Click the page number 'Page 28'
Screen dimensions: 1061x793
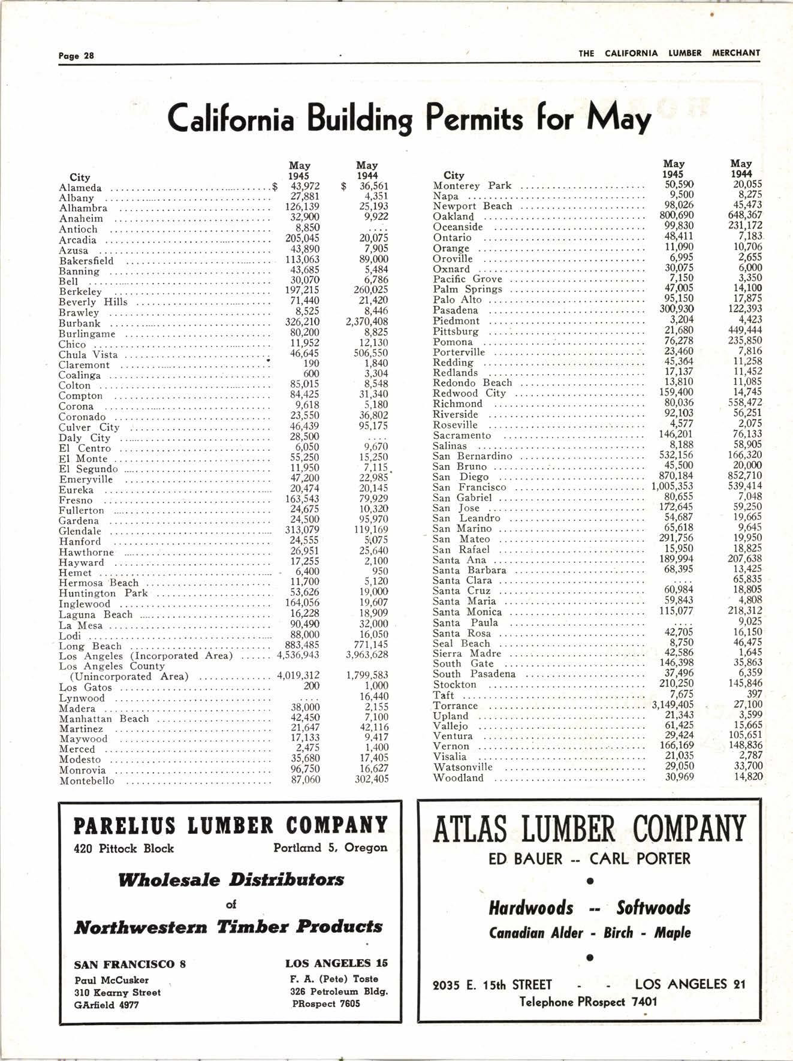tap(76, 56)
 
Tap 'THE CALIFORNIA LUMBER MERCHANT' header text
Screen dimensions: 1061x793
tap(669, 53)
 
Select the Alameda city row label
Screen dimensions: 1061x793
tap(80, 188)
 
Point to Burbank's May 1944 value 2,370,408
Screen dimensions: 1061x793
tap(367, 322)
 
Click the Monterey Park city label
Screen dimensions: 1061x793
tap(472, 185)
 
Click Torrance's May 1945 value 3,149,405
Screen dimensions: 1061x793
tap(673, 705)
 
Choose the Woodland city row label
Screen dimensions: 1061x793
tap(458, 777)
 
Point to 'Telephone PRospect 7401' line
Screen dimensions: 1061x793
tap(588, 1001)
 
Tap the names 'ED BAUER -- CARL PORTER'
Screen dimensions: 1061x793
tap(589, 859)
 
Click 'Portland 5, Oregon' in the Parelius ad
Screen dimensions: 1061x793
tap(330, 848)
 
